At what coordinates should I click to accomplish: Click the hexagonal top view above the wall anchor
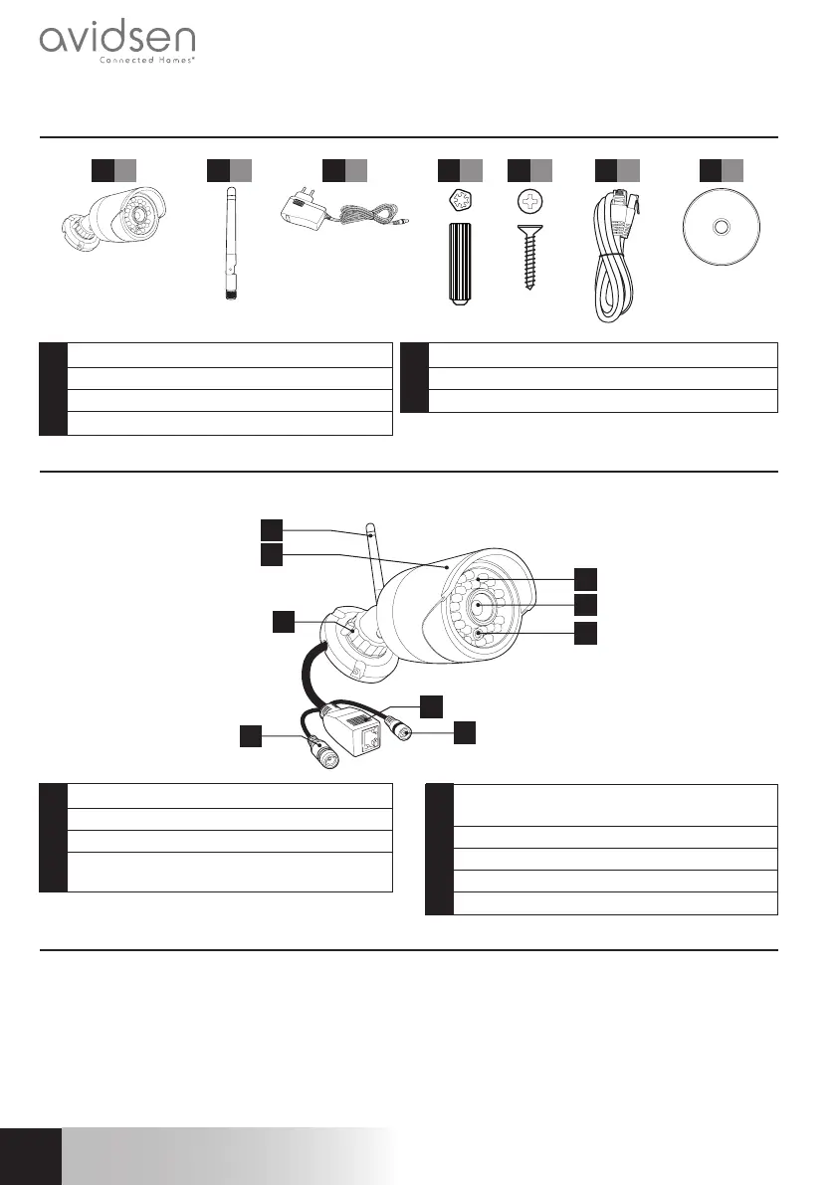point(460,204)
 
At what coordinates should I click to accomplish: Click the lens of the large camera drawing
point(482,605)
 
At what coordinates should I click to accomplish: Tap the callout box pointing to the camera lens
point(586,604)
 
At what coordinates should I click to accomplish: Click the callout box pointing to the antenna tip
point(272,528)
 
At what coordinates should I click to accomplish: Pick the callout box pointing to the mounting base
point(284,622)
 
